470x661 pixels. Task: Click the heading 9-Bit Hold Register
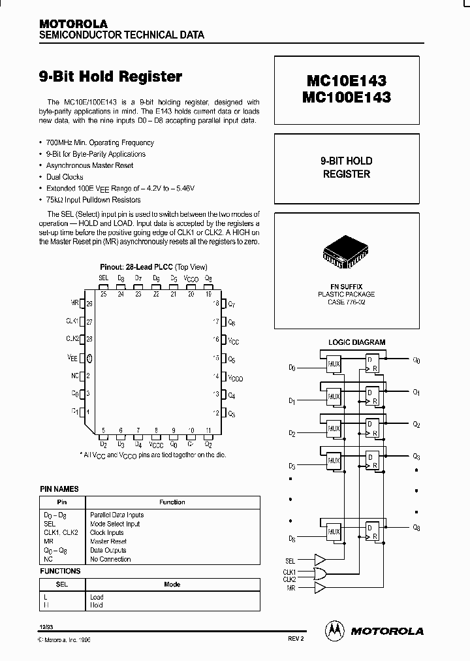point(111,76)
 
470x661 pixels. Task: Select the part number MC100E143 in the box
point(347,97)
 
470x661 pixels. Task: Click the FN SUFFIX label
point(346,287)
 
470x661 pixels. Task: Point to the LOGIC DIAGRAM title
point(356,342)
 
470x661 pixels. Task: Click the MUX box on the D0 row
point(334,364)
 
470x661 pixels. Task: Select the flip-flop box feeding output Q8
point(371,530)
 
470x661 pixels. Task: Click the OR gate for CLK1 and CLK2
point(321,574)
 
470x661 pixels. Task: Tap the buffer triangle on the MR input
point(321,588)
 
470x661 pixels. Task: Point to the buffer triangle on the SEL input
point(321,560)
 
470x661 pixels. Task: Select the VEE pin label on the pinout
point(72,357)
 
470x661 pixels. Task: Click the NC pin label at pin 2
point(74,376)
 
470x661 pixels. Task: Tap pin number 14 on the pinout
point(215,376)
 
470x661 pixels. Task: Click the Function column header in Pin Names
point(172,502)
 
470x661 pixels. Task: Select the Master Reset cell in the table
point(108,541)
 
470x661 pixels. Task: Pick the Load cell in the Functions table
point(97,596)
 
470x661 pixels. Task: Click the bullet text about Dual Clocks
point(65,177)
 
